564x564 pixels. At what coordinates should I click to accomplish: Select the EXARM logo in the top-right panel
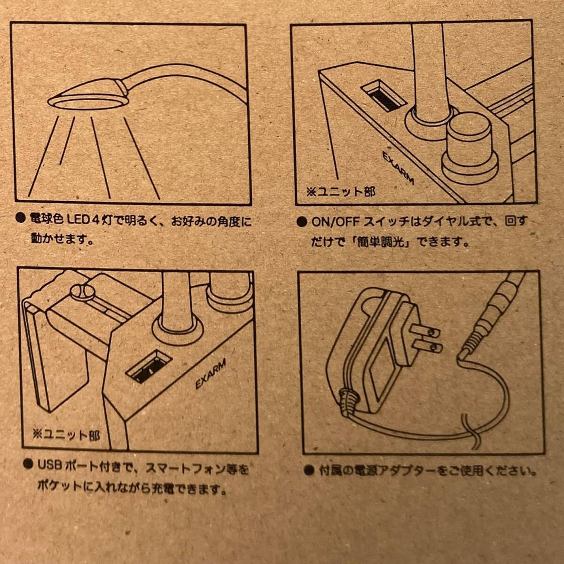click(399, 168)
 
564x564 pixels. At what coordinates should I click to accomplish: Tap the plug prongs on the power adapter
click(426, 339)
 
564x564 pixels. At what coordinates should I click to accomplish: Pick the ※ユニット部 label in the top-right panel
click(340, 192)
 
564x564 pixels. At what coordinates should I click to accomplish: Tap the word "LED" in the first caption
click(78, 219)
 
